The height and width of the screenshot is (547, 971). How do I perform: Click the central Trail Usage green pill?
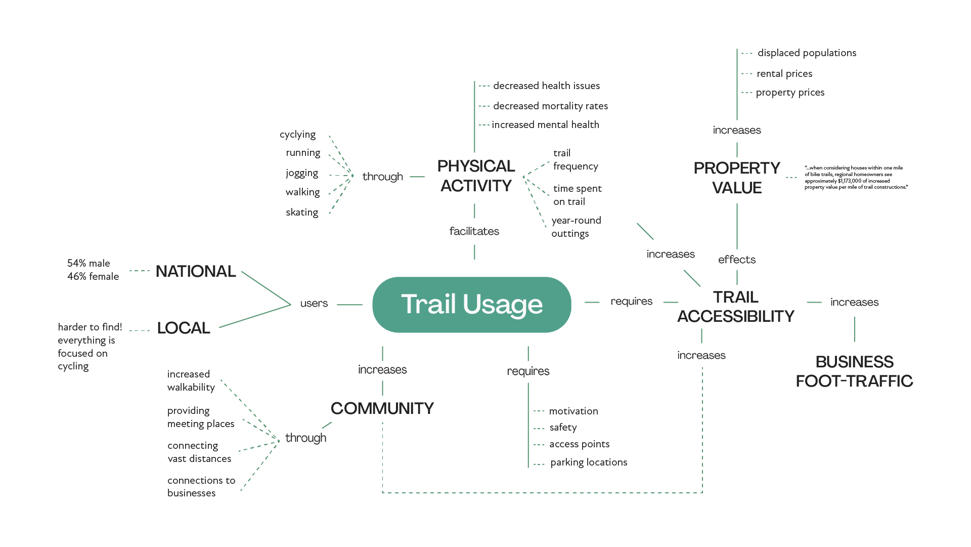tap(471, 305)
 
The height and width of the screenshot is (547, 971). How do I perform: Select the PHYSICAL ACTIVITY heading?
tap(476, 176)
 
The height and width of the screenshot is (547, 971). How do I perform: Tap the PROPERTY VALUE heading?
tap(737, 178)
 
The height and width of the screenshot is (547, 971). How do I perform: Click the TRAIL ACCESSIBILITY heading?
tap(736, 307)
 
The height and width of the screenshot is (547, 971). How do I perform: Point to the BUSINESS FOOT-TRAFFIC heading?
tap(854, 371)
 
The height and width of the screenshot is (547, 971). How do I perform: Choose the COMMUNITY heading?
tap(382, 408)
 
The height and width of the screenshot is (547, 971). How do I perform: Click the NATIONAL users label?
tap(196, 271)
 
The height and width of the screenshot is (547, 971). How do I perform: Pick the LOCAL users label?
tap(184, 328)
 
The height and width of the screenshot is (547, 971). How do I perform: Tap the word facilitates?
tap(474, 231)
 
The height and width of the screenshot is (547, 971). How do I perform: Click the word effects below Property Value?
tap(737, 260)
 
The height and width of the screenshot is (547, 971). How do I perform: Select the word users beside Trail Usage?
tap(314, 303)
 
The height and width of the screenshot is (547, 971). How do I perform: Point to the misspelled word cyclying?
tap(297, 135)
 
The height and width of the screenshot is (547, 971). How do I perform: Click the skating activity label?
tap(302, 213)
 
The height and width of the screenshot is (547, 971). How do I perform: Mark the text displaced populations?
tap(807, 53)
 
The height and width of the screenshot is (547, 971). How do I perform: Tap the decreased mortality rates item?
tap(550, 106)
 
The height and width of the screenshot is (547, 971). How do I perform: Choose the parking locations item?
tap(589, 462)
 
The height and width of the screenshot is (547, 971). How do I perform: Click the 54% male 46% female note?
tap(93, 270)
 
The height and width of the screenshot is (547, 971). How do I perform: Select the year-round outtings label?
tap(576, 227)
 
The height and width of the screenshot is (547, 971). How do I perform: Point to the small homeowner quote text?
tap(856, 178)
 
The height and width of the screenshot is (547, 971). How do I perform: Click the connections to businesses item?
tap(201, 487)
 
